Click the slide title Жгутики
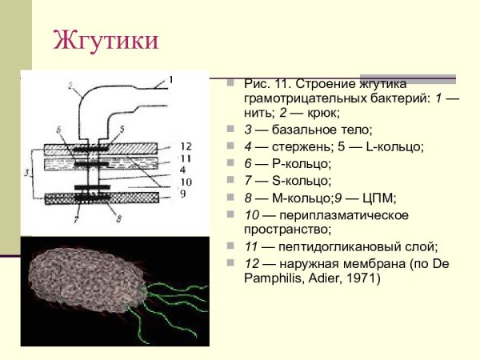pyautogui.click(x=106, y=40)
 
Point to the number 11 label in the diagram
pyautogui.click(x=184, y=158)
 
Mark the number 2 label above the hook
pyautogui.click(x=70, y=86)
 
